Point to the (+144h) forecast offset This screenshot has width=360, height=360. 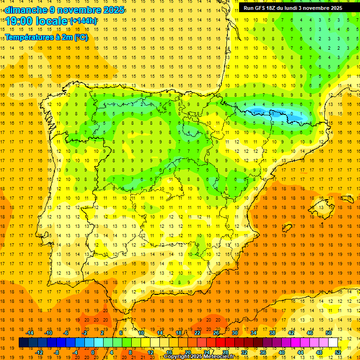[83, 21]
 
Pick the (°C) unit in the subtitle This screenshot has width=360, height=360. [81, 37]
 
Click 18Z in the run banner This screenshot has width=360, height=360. [275, 8]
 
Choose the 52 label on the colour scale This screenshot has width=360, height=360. [338, 352]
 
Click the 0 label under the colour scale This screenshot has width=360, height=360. [93, 352]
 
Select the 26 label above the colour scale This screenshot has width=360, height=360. [216, 332]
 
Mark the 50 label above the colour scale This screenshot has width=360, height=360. [328, 332]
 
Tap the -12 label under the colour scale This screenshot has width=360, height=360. [39, 352]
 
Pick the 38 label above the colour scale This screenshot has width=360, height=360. [272, 332]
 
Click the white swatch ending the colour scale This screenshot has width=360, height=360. [333, 342]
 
